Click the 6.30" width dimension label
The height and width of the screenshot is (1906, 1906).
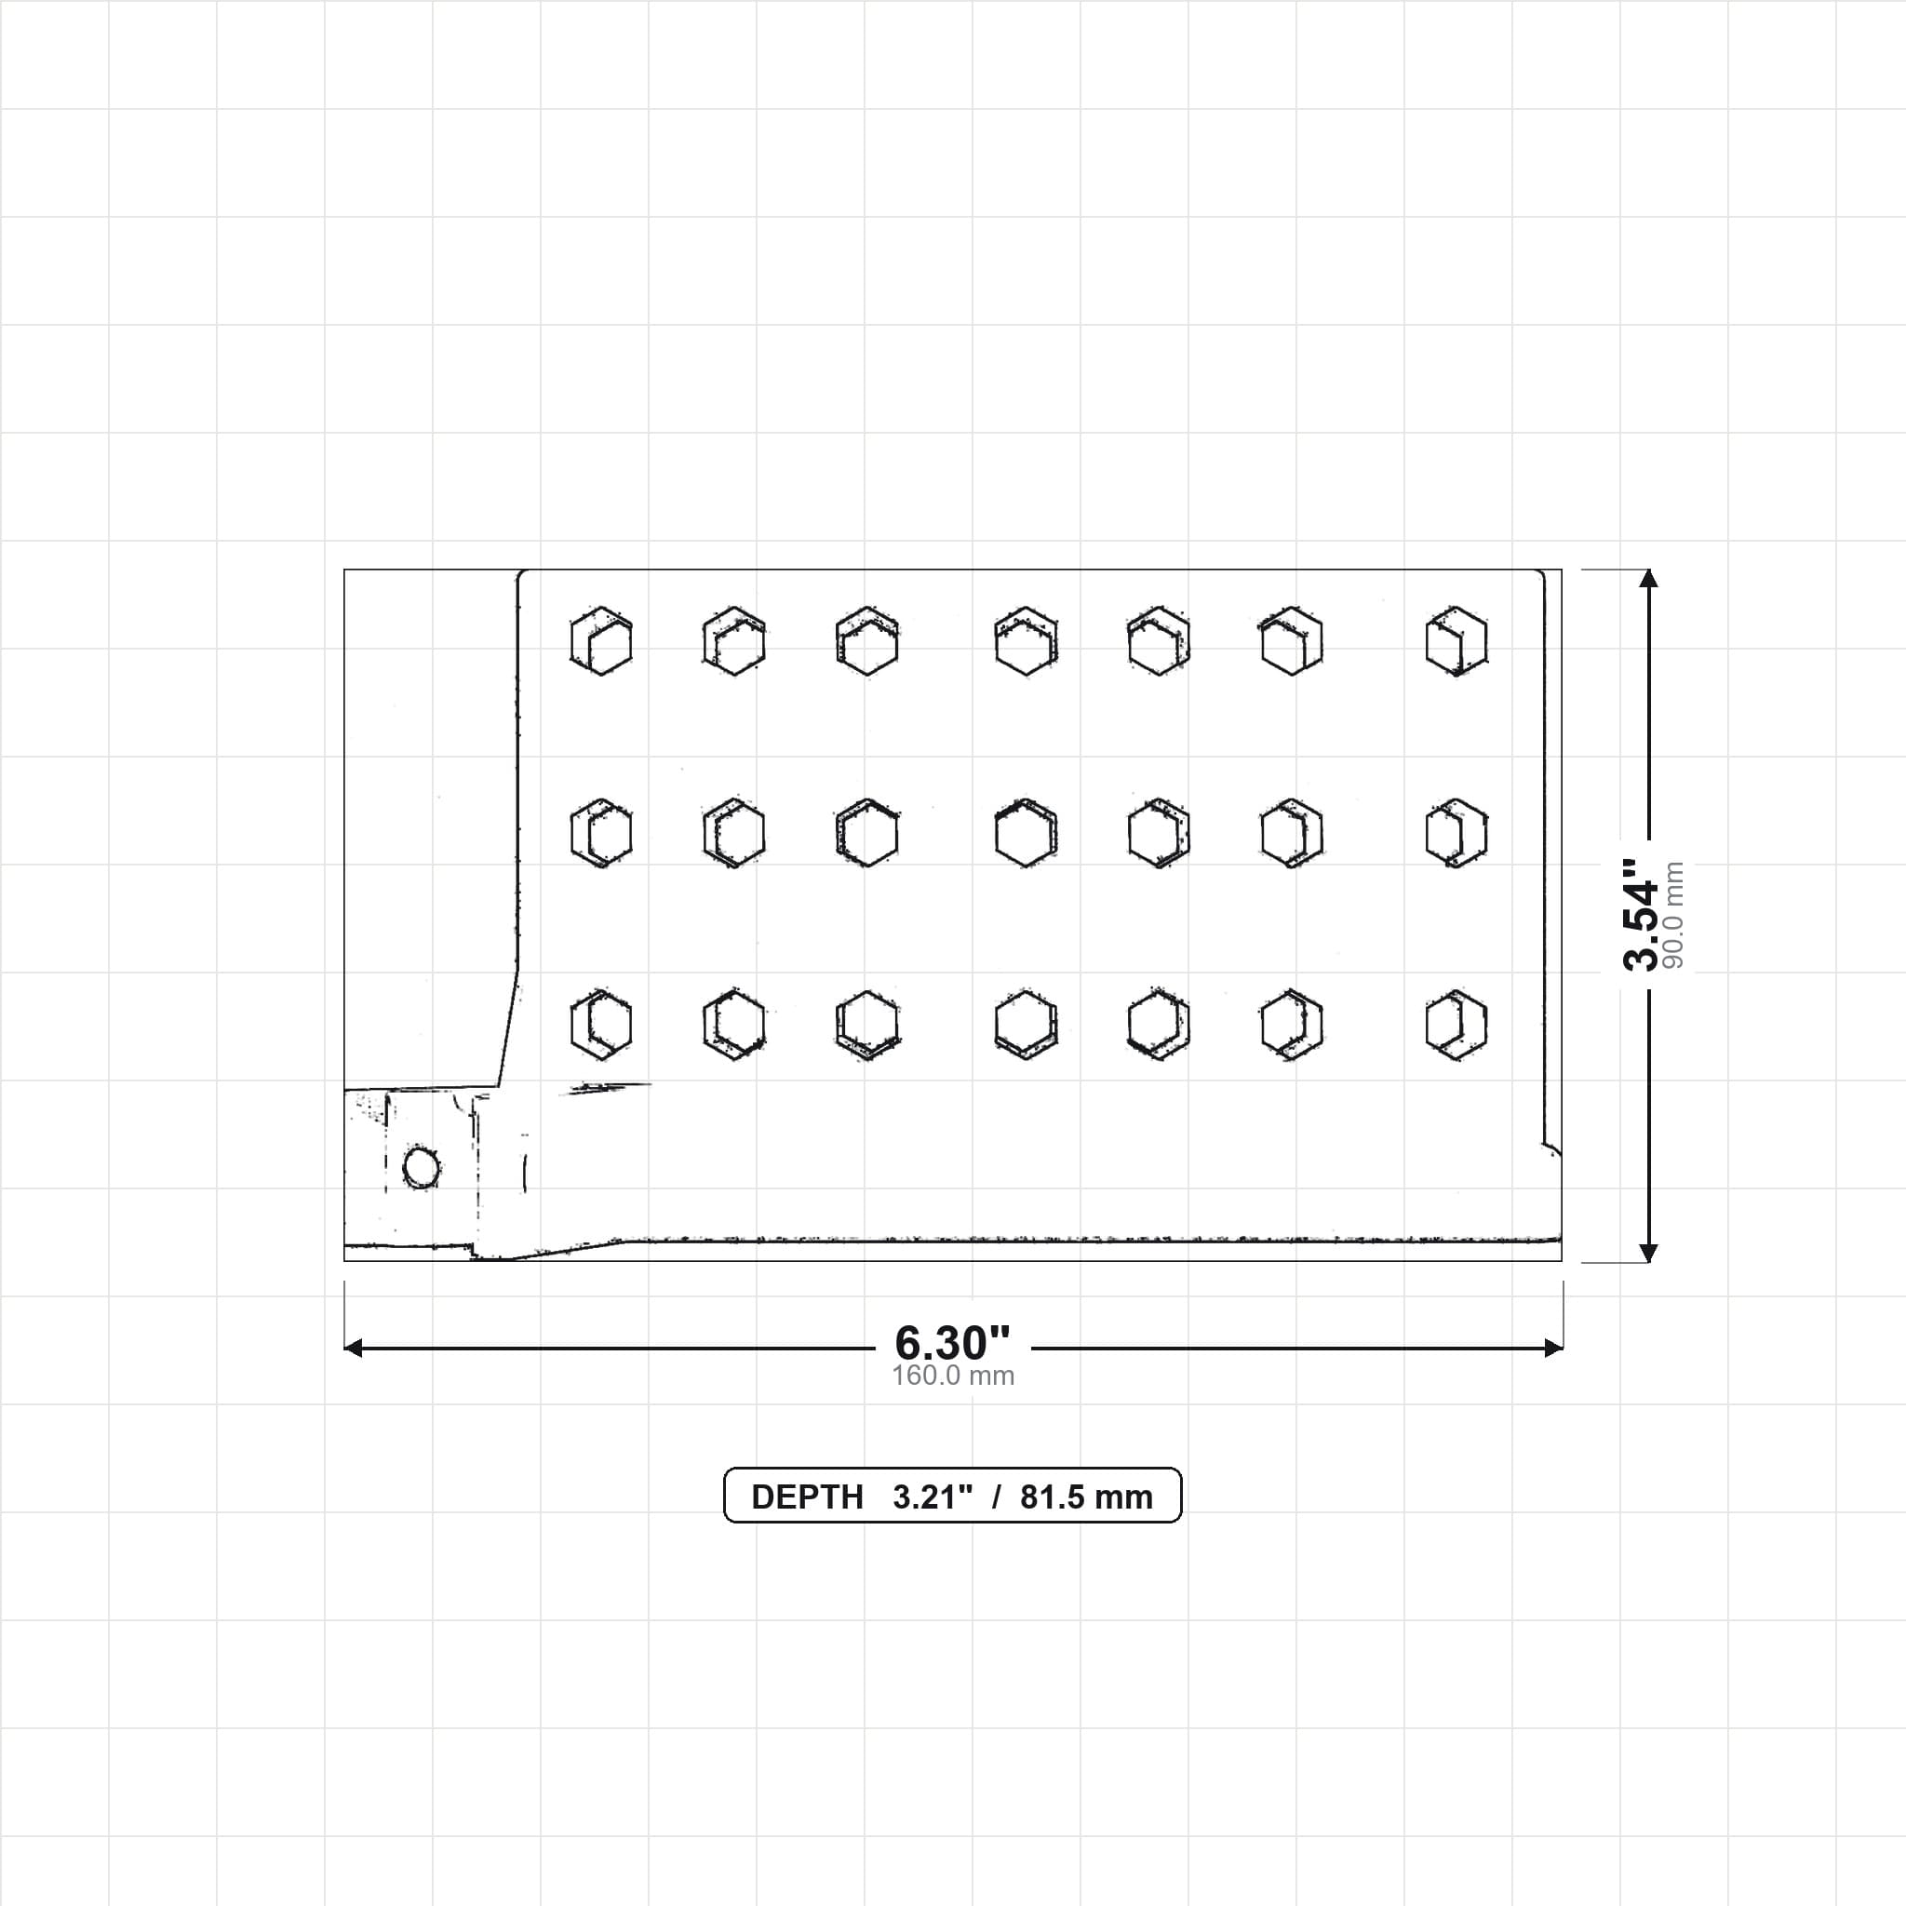(x=952, y=1343)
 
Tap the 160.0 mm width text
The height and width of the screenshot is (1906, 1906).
(x=953, y=1376)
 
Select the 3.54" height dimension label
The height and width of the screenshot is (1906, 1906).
(x=1642, y=915)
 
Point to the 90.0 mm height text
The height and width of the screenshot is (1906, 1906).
(x=1673, y=915)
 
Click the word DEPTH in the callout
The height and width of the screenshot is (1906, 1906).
(x=807, y=1497)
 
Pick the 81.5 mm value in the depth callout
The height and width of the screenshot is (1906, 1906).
(x=1086, y=1497)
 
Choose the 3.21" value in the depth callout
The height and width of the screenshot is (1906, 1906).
(x=933, y=1497)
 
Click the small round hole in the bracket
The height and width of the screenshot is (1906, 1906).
(x=422, y=1168)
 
